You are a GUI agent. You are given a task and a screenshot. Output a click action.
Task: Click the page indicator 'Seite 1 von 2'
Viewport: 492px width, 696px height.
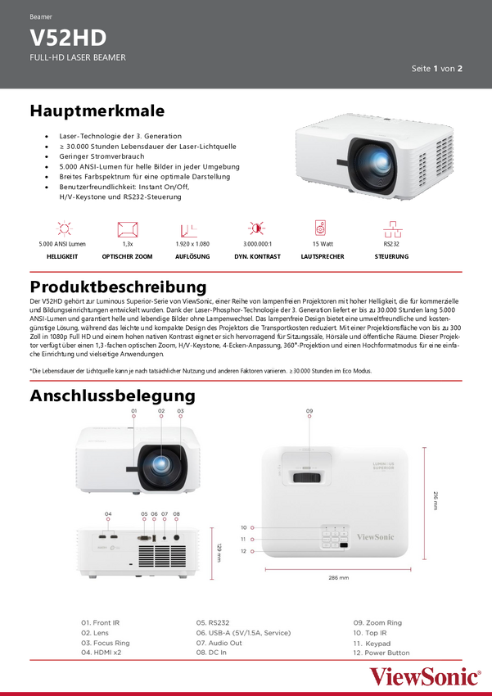click(x=437, y=69)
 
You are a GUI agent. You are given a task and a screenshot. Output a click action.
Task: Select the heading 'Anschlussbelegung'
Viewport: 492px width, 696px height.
click(x=112, y=396)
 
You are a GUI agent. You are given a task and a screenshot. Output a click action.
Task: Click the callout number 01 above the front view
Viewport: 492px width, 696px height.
click(x=133, y=409)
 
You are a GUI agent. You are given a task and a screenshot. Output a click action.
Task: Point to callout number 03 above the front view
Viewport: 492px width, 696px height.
click(x=180, y=409)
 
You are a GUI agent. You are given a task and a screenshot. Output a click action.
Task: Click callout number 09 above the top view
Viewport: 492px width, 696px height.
click(x=309, y=409)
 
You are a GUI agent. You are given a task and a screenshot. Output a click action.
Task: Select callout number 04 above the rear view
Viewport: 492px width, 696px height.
click(x=108, y=513)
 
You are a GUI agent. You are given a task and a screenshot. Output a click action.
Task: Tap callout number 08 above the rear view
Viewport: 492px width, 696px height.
click(x=176, y=513)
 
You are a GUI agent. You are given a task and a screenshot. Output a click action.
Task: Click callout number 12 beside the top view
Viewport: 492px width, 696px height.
click(x=244, y=551)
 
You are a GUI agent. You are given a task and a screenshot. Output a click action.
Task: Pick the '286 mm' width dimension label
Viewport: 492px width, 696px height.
click(x=338, y=577)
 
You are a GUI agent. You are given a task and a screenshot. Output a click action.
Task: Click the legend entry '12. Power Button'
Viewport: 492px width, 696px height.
click(x=381, y=653)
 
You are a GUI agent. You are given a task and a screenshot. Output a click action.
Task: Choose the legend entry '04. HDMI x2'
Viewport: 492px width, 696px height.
click(x=101, y=653)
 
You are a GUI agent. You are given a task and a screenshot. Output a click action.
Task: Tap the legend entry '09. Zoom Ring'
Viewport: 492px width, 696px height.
click(x=377, y=623)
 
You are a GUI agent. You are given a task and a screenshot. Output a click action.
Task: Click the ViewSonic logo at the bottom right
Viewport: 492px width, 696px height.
click(x=425, y=677)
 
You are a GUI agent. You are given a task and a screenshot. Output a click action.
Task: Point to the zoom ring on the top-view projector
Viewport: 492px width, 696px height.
click(x=308, y=477)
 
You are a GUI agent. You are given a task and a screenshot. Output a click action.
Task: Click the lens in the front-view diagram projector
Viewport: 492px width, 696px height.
click(x=160, y=466)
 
